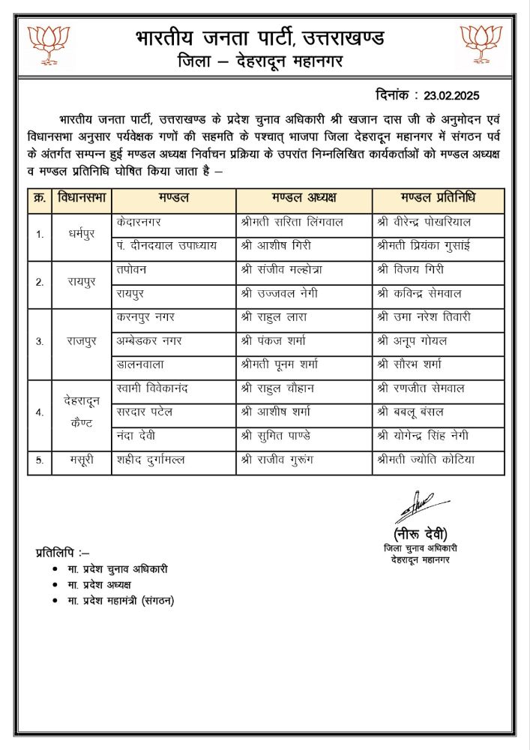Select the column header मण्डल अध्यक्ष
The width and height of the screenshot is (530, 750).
(x=304, y=199)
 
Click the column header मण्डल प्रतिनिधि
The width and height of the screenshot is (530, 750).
(x=438, y=199)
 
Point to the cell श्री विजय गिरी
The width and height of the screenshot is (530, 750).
(x=412, y=270)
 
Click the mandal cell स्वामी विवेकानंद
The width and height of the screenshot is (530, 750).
(x=154, y=388)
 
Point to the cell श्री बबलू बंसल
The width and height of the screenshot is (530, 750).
(x=413, y=412)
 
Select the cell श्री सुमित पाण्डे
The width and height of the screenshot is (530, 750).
(x=282, y=436)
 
